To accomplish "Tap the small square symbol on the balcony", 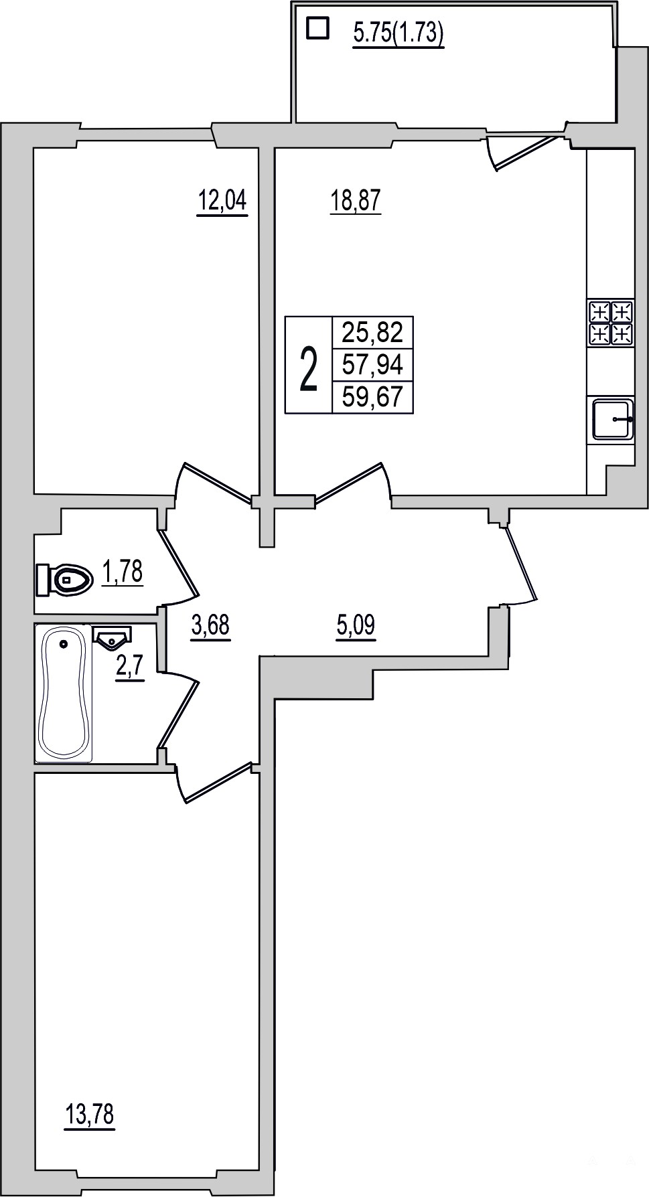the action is [317, 28].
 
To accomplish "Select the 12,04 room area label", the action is [222, 200].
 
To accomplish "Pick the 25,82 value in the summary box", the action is [372, 331].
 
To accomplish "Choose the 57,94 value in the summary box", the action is [372, 365].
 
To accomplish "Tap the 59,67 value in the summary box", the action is [372, 397].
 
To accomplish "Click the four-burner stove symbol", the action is [611, 323].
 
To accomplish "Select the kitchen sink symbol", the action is [613, 418].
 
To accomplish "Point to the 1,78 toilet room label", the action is [123, 573].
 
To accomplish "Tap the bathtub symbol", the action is [64, 692].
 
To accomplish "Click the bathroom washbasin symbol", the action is [112, 638].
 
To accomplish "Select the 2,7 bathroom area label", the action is [130, 668].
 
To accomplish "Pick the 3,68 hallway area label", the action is [210, 627].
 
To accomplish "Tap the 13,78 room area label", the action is [90, 1115].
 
